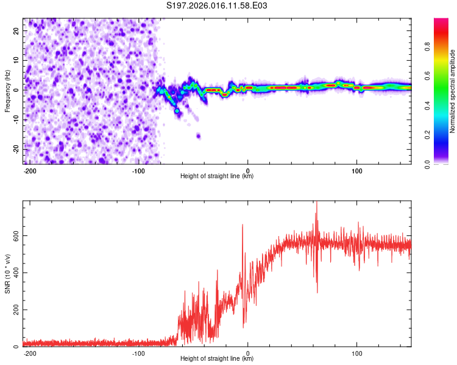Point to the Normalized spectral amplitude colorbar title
click(x=452, y=91)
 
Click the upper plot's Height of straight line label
click(x=217, y=176)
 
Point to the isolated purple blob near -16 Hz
click(x=199, y=136)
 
